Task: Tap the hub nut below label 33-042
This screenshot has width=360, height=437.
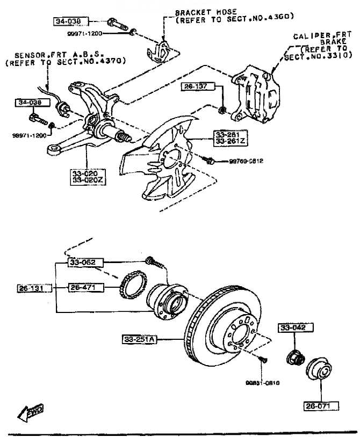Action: pos(294,355)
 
